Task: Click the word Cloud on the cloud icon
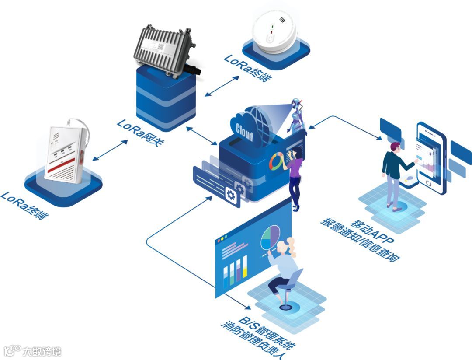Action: (x=244, y=132)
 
